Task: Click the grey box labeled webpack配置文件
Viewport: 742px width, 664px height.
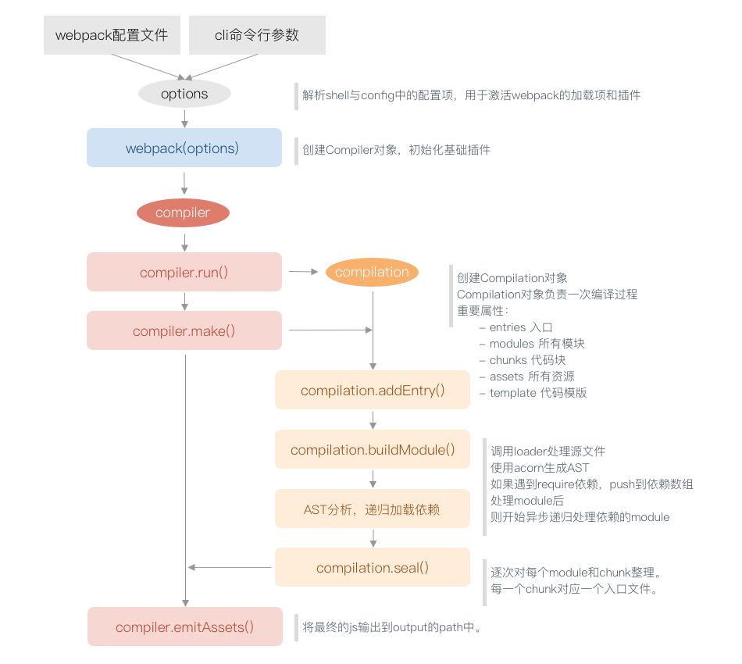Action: pos(112,35)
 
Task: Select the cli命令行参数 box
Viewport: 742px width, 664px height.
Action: pos(257,35)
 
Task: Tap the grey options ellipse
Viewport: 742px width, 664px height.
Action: pos(184,94)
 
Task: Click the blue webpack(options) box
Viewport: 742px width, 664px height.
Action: pos(184,148)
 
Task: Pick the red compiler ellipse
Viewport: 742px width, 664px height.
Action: pos(183,212)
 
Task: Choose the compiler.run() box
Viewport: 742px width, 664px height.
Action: pos(184,272)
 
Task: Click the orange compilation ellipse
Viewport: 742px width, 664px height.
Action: pos(372,272)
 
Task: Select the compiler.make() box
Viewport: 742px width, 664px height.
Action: pos(184,330)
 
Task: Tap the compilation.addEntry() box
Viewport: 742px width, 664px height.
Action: pos(372,390)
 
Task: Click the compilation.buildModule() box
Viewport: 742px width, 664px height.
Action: pos(372,449)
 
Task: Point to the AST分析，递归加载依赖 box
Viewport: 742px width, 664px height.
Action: pos(372,509)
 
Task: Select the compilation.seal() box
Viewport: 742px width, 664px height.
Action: pos(372,567)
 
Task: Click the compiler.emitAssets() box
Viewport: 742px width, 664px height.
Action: pos(184,627)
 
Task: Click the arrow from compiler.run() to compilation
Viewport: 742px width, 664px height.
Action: pos(303,272)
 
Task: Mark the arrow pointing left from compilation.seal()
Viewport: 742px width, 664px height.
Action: pos(230,567)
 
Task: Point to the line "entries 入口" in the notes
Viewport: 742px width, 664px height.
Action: pos(520,327)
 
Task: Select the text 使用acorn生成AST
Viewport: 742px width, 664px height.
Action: pos(540,467)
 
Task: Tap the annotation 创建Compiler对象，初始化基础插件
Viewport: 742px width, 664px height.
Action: pos(396,149)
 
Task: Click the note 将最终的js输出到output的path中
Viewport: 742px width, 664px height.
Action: pos(392,627)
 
